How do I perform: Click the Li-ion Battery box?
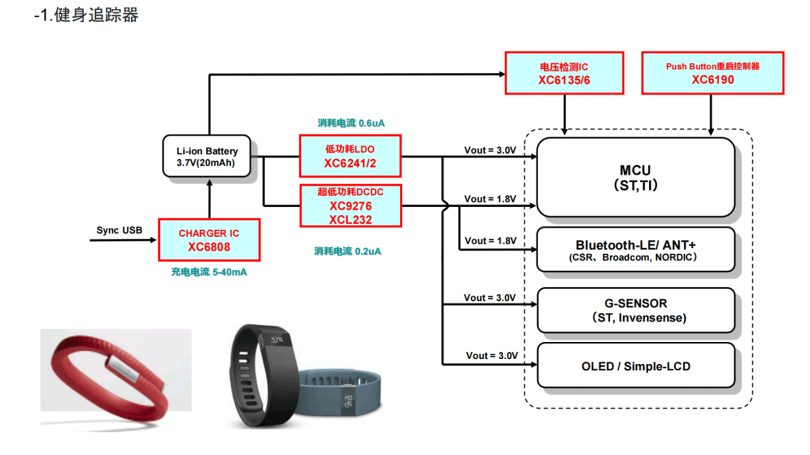[207, 157]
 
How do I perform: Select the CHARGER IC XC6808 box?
[209, 240]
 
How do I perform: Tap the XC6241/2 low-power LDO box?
[350, 156]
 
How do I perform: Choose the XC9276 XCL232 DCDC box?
[350, 206]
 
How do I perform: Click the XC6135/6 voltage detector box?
[564, 73]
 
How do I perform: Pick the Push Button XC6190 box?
[712, 73]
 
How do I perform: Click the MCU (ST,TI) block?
[635, 177]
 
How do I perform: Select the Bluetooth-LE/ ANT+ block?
[635, 250]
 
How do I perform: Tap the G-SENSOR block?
[635, 310]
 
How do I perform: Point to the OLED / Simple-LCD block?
[635, 366]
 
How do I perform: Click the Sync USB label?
[119, 230]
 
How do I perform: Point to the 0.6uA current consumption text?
[351, 123]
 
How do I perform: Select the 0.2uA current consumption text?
[348, 251]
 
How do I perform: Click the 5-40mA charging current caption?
[209, 272]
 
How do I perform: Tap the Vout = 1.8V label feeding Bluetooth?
[490, 241]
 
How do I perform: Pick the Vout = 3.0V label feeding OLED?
[491, 356]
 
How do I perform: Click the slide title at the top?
[86, 15]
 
